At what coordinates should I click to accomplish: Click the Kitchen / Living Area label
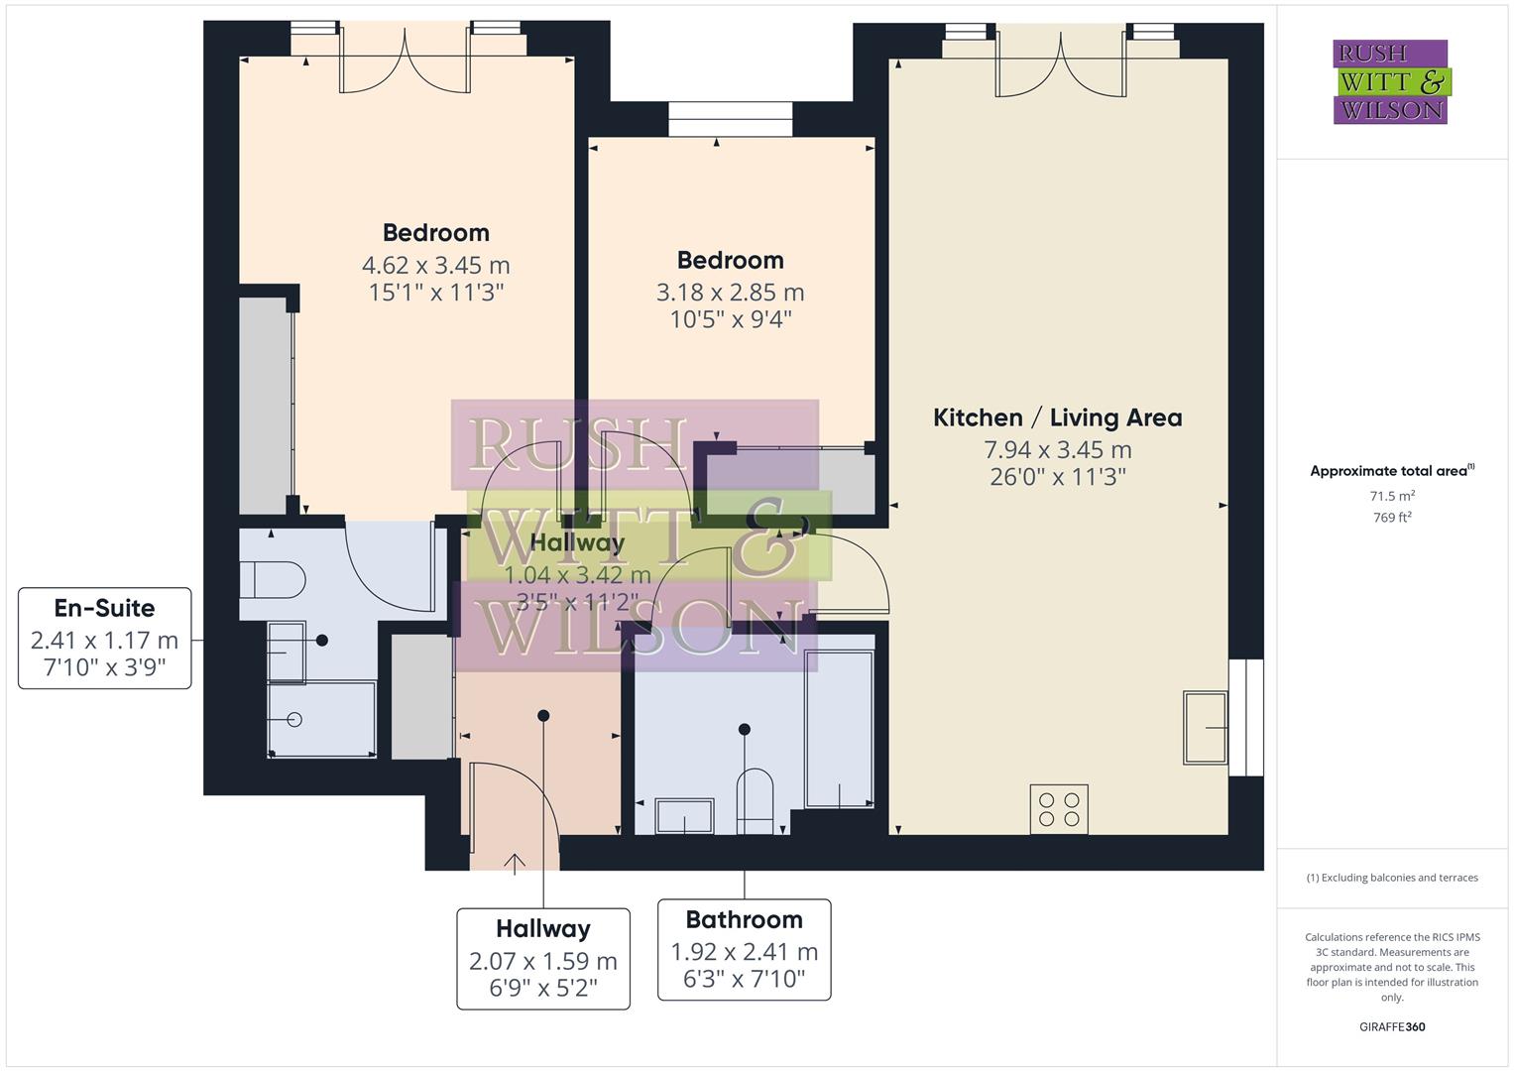1057,417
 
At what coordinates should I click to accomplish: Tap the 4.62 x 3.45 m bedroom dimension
435,265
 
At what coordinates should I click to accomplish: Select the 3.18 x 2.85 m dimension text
730,293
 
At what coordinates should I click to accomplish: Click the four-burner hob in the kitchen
1059,808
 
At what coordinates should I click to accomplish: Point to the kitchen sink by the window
1205,728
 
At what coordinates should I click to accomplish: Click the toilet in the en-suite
273,579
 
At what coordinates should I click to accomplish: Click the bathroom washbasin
684,817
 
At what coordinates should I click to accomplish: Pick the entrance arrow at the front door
515,863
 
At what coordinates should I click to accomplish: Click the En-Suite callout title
104,608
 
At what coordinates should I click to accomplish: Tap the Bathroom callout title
744,919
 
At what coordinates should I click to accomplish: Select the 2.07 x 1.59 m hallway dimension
542,961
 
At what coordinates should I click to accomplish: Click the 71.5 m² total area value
1391,496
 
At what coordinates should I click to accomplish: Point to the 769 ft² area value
1391,518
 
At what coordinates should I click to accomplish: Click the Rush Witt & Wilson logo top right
1390,82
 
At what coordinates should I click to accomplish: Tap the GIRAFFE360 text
1391,1026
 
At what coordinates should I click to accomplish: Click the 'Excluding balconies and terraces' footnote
1391,878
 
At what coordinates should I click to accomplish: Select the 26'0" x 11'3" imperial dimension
1057,477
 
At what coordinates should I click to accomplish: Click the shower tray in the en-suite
320,719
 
